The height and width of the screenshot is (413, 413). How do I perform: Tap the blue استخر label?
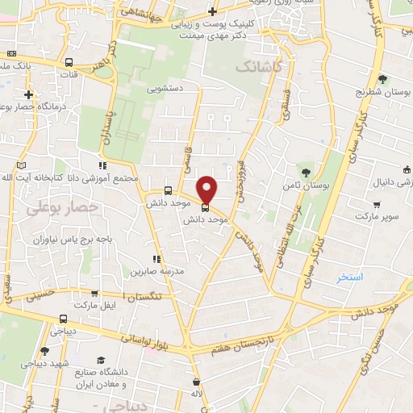(x=351, y=277)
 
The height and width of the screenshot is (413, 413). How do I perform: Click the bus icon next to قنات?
(x=68, y=62)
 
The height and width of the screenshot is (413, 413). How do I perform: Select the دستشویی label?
(x=166, y=88)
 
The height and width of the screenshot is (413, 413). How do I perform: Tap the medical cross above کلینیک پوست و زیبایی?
(x=211, y=11)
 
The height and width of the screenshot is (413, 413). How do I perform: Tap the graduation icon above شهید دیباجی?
(x=44, y=351)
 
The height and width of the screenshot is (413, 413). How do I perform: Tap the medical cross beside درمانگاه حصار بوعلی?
(x=27, y=94)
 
